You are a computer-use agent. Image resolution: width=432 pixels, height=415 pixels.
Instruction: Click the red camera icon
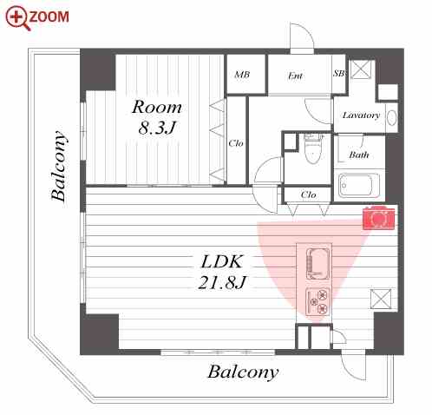(379, 218)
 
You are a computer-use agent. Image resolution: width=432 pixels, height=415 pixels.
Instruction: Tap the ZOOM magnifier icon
(17, 18)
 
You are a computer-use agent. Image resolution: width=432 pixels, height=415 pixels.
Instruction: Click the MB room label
(242, 75)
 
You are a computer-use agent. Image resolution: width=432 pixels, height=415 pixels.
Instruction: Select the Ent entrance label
(295, 76)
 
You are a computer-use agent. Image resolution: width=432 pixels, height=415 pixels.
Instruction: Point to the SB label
(339, 73)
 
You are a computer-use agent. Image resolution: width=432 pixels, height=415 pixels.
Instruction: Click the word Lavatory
(361, 115)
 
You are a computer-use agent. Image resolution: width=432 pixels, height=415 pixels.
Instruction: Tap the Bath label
(359, 155)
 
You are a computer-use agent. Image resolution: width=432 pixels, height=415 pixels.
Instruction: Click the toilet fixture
(313, 148)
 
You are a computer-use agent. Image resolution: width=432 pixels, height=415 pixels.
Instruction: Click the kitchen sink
(317, 264)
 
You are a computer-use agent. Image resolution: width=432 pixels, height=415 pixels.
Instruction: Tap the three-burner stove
(317, 301)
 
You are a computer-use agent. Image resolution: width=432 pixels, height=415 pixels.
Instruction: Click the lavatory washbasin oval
(391, 118)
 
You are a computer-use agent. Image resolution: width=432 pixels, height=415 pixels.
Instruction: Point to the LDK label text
(222, 261)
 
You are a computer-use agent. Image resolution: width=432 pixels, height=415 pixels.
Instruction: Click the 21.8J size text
(222, 282)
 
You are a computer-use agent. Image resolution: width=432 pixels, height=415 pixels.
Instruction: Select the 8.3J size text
(157, 128)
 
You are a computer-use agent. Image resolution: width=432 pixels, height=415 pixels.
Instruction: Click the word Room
(157, 107)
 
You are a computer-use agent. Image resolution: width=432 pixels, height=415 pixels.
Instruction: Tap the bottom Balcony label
(243, 372)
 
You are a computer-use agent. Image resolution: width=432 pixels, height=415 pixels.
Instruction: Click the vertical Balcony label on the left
(59, 166)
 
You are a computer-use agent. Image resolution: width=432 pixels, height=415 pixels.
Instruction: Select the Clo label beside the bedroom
(236, 143)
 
